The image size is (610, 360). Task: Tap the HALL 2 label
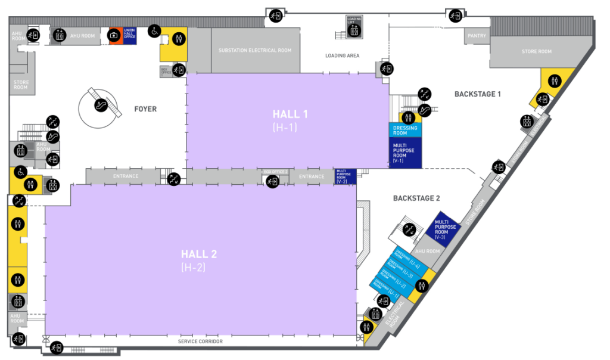pos(199,255)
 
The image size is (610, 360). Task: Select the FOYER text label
pos(145,109)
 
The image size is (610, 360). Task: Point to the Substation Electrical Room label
pos(255,51)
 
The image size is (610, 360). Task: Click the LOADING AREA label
pos(342,56)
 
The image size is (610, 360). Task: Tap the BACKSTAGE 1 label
pos(478,94)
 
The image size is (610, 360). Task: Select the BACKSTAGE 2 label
pos(416,198)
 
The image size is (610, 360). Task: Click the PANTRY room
pos(477,36)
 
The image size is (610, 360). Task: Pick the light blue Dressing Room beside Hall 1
pos(405,131)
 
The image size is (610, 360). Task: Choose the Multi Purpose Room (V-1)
pos(405,153)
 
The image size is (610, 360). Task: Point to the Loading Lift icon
pos(355,27)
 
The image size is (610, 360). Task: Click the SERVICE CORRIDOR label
pos(200,342)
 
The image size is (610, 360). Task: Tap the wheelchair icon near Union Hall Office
pos(154,30)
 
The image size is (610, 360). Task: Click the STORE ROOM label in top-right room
pos(536,52)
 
